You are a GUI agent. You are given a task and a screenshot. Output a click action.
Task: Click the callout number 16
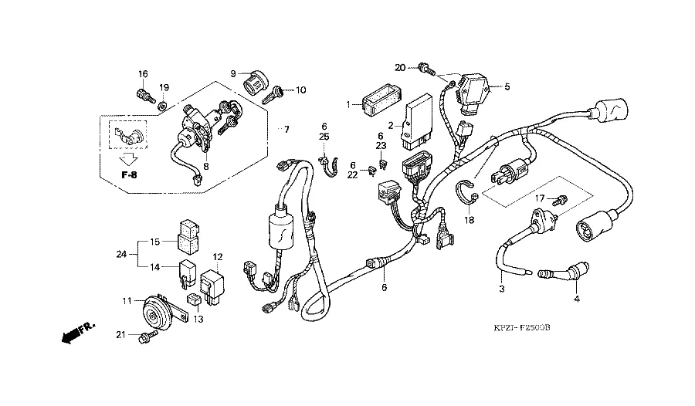[143, 74]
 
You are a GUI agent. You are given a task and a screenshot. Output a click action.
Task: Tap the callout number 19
[164, 86]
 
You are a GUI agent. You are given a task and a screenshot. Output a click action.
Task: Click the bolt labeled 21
[144, 337]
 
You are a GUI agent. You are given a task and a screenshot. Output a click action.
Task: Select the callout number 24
[120, 253]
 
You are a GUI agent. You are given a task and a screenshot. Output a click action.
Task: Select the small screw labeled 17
[561, 199]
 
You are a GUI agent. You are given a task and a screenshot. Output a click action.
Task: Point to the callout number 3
[501, 289]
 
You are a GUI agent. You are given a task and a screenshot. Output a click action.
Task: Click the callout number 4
[575, 298]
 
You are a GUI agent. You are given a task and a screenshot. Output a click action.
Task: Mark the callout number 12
[218, 256]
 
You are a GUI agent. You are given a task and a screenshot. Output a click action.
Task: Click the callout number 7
[286, 129]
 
